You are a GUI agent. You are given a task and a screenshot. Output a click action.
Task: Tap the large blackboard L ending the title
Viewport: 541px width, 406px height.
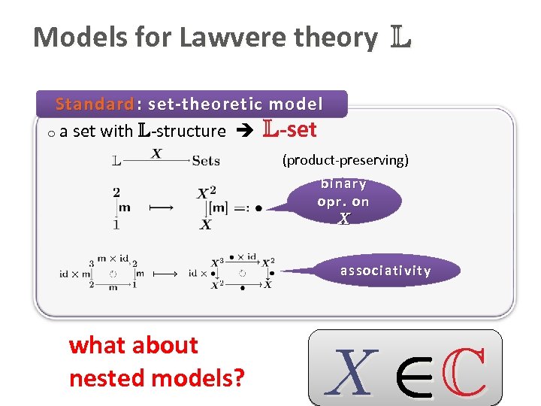click(400, 37)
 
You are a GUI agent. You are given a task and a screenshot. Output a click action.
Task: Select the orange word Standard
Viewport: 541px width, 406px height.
click(94, 104)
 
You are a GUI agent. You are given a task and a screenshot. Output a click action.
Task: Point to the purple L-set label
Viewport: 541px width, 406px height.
click(289, 130)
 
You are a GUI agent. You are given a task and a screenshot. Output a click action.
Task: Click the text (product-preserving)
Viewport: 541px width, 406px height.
click(345, 159)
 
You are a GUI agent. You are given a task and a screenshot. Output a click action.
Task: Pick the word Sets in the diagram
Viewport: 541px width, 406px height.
click(205, 160)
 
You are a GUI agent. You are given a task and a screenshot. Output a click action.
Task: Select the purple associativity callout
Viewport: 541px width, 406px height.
click(385, 271)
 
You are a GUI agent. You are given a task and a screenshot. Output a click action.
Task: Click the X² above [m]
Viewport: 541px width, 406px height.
click(206, 193)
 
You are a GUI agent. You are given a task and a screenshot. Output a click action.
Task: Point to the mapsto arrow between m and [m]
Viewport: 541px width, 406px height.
click(161, 208)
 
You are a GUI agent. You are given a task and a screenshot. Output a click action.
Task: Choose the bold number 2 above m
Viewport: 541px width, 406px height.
click(116, 192)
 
